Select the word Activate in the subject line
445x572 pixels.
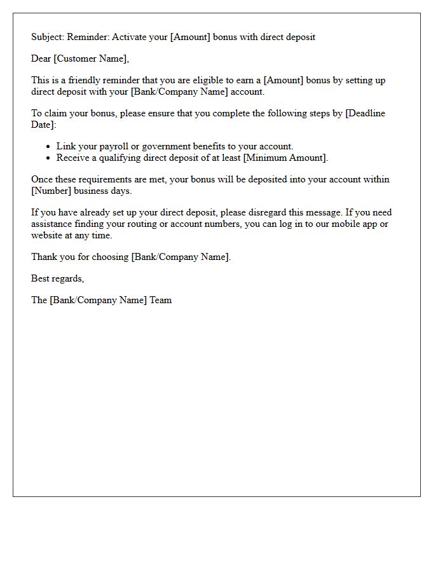(x=131, y=37)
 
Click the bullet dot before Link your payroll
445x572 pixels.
(x=48, y=147)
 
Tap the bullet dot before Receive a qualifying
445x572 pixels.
(x=48, y=158)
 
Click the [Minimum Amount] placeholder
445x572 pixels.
(x=285, y=158)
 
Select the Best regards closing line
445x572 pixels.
(x=57, y=278)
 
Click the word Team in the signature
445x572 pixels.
(x=160, y=300)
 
